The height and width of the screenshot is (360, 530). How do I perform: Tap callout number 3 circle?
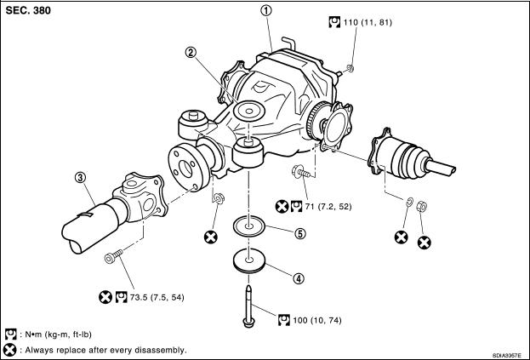point(80,177)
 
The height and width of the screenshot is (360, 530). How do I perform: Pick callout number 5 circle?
point(299,232)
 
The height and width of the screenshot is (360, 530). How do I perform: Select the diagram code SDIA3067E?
point(506,355)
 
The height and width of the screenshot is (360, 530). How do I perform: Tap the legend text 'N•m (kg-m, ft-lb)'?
point(67,334)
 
